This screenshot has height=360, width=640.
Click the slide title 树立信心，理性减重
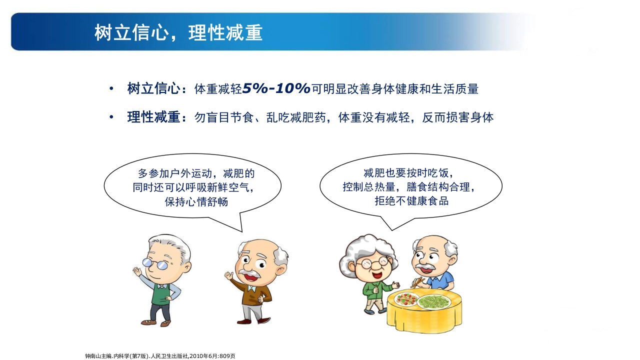tap(178, 33)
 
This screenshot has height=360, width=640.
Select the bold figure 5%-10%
tap(276, 89)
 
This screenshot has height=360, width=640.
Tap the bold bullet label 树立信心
tap(153, 89)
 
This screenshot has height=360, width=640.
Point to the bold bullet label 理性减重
tap(153, 117)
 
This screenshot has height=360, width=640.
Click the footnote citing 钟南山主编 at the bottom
tap(160, 356)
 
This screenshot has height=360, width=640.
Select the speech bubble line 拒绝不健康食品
tap(411, 201)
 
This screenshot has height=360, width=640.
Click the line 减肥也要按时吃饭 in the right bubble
tap(408, 173)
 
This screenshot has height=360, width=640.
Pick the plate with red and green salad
tap(406, 299)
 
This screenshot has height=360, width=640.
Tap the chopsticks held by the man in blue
tap(416, 283)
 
